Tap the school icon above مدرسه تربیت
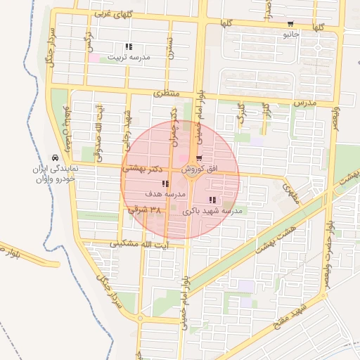(x=128, y=47)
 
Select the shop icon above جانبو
(x=290, y=24)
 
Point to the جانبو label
(x=291, y=33)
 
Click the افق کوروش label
(x=200, y=169)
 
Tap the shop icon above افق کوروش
(x=199, y=159)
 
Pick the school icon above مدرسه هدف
(x=165, y=184)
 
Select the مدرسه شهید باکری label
(x=212, y=210)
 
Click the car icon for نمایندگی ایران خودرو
(x=55, y=158)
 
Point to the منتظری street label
(x=167, y=94)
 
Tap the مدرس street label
(x=306, y=103)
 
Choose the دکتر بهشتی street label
(x=144, y=169)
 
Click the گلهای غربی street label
(x=112, y=14)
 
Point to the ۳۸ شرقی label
(x=146, y=210)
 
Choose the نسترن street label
(x=169, y=46)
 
